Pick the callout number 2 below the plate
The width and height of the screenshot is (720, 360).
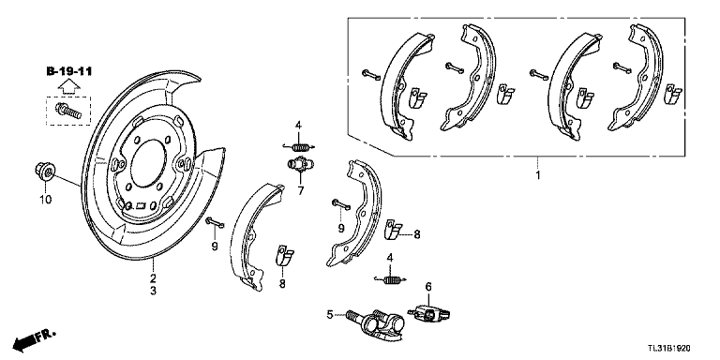click(153, 278)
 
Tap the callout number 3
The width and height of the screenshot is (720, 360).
click(153, 292)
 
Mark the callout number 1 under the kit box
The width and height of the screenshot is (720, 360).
click(537, 175)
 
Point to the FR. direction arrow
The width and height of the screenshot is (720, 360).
click(33, 337)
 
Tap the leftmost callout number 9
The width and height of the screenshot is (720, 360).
click(215, 246)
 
